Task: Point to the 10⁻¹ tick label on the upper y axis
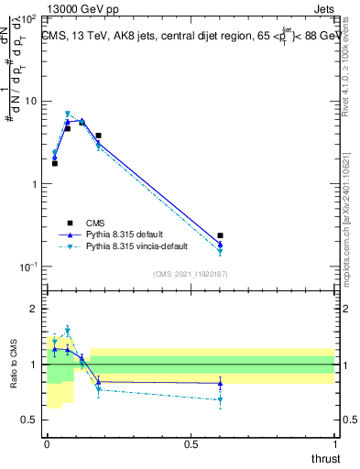tap(27, 267)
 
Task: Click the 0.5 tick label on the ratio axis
tap(29, 420)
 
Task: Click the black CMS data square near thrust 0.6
tap(220, 235)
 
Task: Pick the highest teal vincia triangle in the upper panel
tap(68, 115)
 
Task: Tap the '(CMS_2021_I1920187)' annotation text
tap(190, 274)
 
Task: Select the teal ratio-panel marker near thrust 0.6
tap(220, 399)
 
